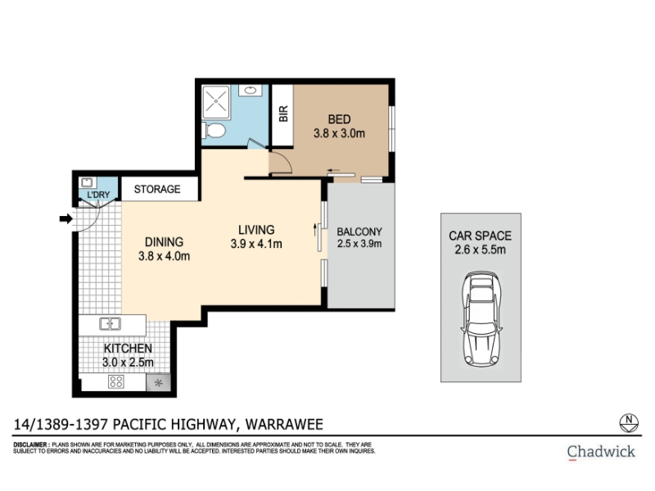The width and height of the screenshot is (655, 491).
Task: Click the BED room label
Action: tap(339, 119)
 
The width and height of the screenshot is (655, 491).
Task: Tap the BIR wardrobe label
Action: tap(283, 114)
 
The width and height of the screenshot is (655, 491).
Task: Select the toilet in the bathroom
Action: tap(214, 130)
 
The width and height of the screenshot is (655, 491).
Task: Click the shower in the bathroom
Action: tap(215, 101)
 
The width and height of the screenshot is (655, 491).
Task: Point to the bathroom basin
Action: tap(251, 90)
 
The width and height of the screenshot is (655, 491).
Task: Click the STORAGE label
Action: tap(157, 189)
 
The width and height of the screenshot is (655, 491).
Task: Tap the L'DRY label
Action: tap(98, 195)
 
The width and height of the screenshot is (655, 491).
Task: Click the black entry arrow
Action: tap(66, 218)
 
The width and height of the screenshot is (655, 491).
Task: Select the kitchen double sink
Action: tap(111, 323)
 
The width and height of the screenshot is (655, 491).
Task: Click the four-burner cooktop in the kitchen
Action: tap(116, 381)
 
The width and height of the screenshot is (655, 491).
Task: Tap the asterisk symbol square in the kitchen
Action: tap(158, 382)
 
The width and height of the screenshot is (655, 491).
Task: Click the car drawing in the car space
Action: tap(481, 319)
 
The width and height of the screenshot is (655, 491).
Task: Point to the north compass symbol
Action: tap(628, 422)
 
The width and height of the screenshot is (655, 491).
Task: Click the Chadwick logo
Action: tap(601, 452)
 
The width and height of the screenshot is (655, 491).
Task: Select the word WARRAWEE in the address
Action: tap(284, 425)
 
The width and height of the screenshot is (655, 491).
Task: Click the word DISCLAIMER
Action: tap(30, 445)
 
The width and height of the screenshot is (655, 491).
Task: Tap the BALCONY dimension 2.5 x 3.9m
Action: tap(359, 244)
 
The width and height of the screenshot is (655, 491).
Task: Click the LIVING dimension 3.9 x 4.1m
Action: tap(256, 244)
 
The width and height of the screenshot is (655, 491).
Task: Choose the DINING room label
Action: tap(164, 242)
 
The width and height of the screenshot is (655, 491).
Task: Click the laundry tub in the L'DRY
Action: tap(88, 182)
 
